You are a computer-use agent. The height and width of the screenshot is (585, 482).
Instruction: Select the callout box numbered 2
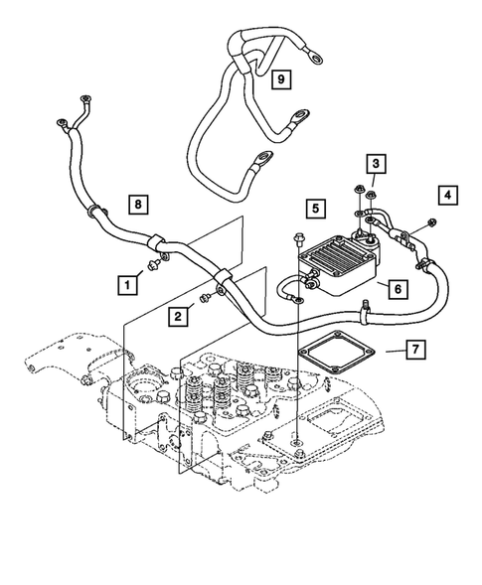[x=177, y=316]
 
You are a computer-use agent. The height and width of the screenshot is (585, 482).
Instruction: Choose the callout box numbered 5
[x=314, y=209]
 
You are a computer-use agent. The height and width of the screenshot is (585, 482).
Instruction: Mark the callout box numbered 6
[x=396, y=288]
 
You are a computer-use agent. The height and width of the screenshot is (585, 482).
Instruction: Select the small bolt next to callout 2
[x=203, y=295]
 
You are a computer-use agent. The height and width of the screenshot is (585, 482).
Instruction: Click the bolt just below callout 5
[x=298, y=239]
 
